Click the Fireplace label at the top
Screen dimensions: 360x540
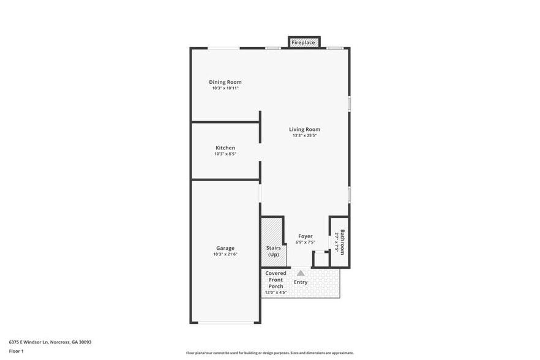(x=304, y=42)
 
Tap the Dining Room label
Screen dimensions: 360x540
(x=225, y=82)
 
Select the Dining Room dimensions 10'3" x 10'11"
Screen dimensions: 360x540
(x=225, y=88)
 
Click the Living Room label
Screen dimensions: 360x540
(x=304, y=129)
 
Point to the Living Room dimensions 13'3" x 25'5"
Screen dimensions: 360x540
(x=304, y=135)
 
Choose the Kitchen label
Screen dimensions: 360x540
(x=225, y=148)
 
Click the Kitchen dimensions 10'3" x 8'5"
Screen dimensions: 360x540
(x=225, y=154)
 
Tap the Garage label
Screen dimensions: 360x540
(x=225, y=248)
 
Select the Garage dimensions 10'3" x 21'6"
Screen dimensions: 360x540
(x=225, y=254)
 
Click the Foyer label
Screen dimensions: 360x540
(x=305, y=236)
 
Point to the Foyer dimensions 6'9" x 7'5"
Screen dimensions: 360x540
(x=305, y=242)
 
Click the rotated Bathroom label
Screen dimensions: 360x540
(x=343, y=242)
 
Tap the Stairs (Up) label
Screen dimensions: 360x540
(x=273, y=251)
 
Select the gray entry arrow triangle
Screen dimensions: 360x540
(x=301, y=273)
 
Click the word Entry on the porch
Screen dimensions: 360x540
(x=301, y=282)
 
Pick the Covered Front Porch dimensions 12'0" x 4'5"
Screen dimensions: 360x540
(x=276, y=293)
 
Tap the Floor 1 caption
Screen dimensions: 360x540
(x=16, y=351)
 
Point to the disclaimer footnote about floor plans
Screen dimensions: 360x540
(x=269, y=353)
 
